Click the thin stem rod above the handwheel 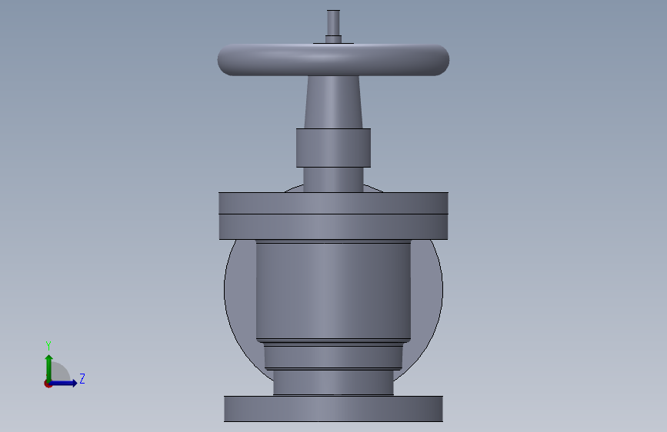[x=333, y=22]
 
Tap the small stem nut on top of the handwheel [x=333, y=39]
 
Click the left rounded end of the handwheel [x=225, y=60]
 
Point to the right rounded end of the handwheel [x=442, y=60]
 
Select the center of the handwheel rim [x=334, y=60]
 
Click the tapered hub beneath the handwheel [x=334, y=102]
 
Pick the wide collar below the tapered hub [x=334, y=148]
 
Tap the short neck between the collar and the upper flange [x=334, y=179]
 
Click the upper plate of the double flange [x=334, y=203]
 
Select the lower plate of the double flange [x=334, y=227]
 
